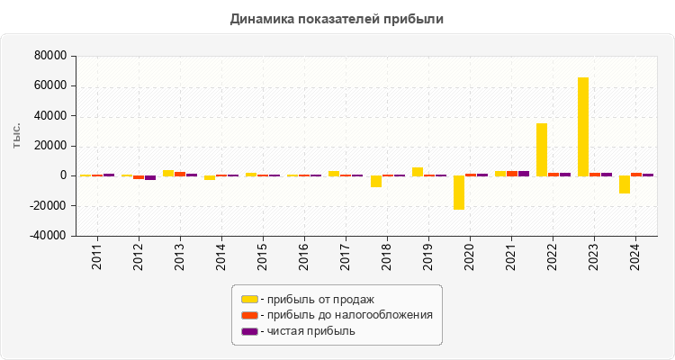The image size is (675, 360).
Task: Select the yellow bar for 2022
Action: pos(542,149)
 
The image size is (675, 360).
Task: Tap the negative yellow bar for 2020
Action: pos(459,193)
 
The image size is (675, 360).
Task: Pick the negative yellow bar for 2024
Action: pos(625,184)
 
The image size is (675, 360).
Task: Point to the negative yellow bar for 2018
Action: pos(376,181)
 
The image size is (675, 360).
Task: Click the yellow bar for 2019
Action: pos(418,171)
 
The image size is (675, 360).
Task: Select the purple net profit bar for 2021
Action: pos(524,173)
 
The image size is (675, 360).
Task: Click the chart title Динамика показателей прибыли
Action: pos(337,18)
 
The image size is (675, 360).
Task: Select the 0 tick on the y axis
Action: pos(64,175)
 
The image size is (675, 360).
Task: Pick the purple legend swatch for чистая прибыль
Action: pos(249,331)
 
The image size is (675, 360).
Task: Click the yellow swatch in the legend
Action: pos(249,299)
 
